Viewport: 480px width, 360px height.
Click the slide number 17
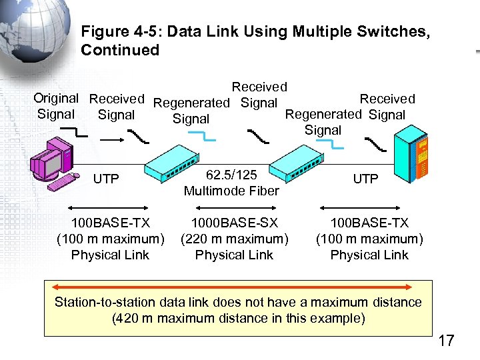click(445, 341)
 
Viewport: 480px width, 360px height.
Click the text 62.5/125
click(232, 175)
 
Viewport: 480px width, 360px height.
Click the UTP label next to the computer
click(106, 179)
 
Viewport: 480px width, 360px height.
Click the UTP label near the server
click(365, 179)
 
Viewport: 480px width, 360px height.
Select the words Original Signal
click(57, 107)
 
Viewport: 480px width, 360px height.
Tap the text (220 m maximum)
click(234, 239)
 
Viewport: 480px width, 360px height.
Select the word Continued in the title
click(120, 50)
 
